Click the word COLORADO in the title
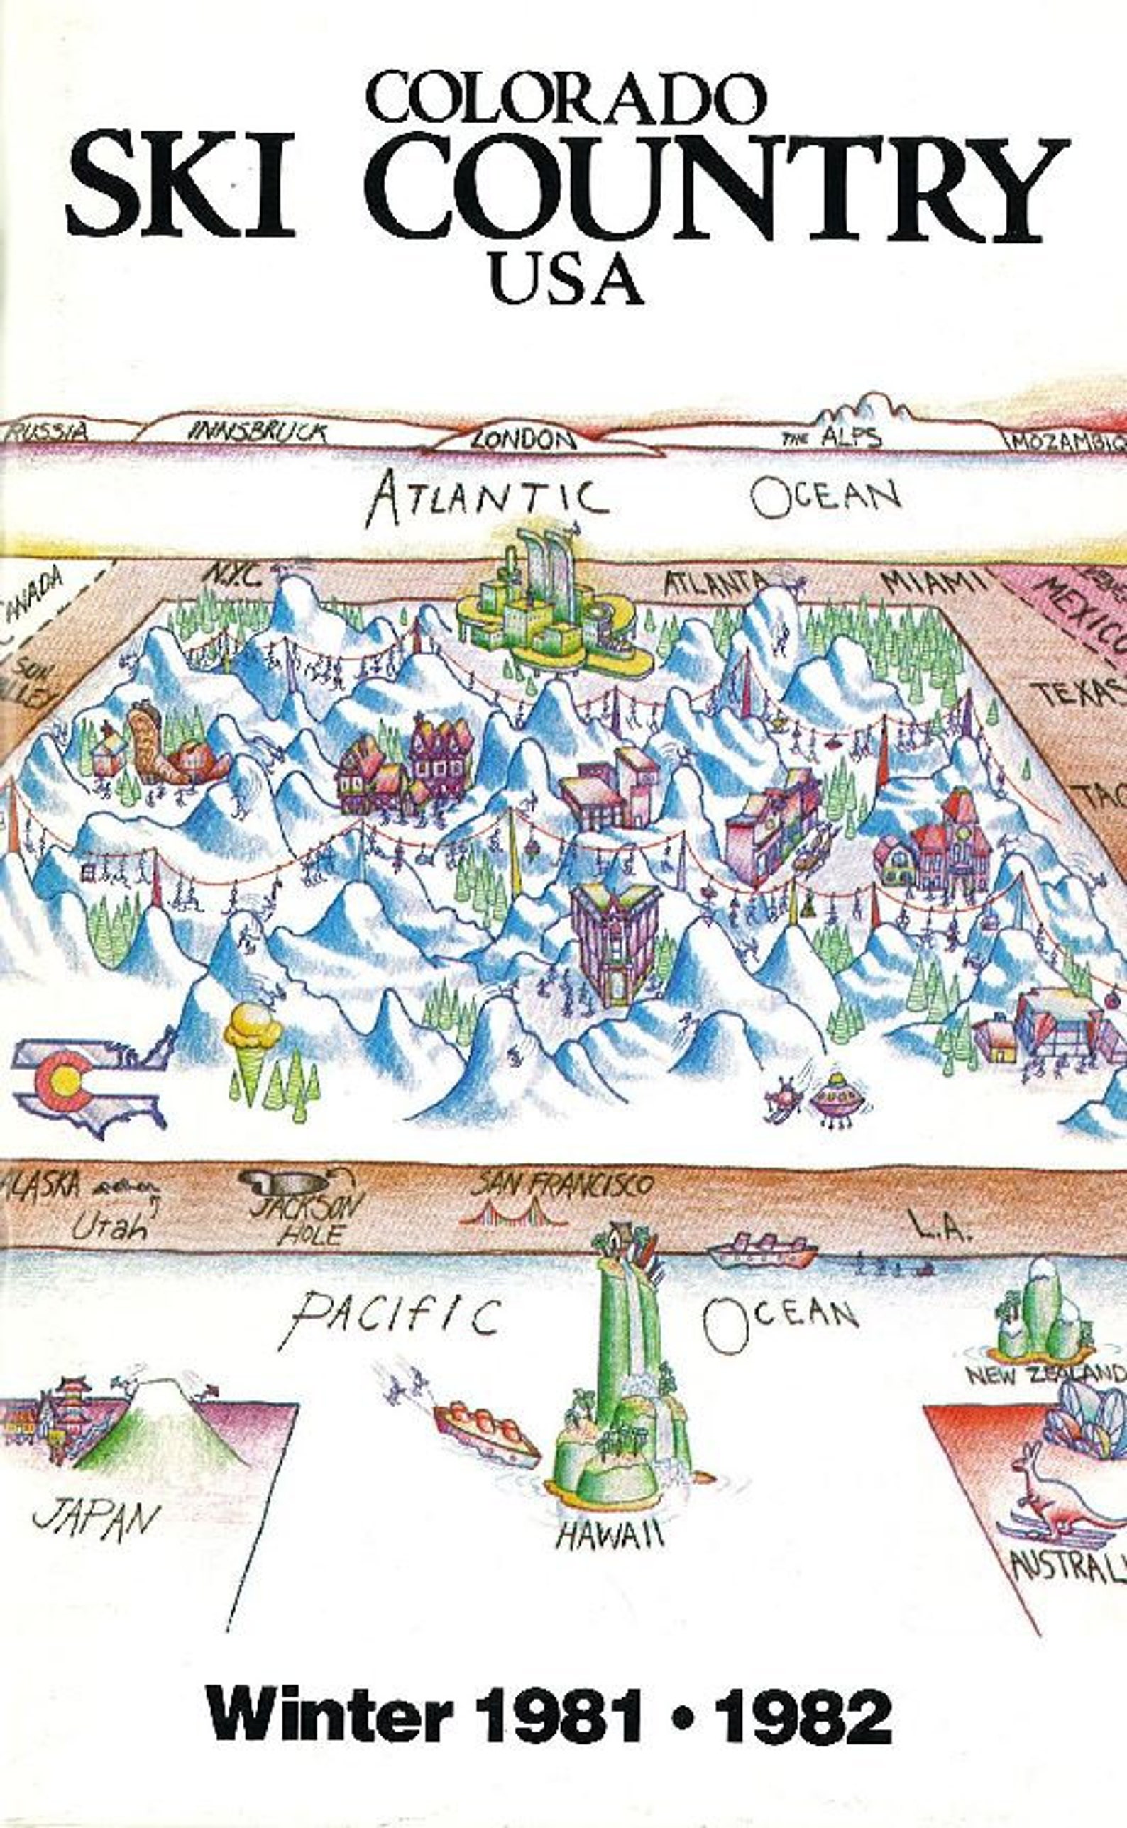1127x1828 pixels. coord(566,99)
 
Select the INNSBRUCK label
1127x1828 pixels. coord(258,431)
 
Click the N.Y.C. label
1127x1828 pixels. coord(233,575)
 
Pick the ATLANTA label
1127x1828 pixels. coord(714,582)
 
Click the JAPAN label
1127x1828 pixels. coord(97,1519)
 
